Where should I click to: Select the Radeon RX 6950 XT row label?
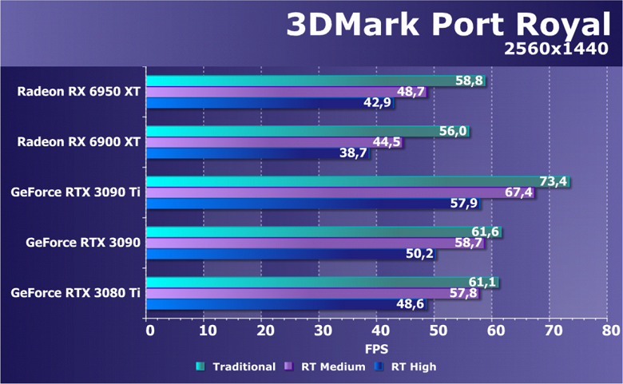pyautogui.click(x=78, y=92)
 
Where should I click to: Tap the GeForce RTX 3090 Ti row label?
pyautogui.click(x=75, y=192)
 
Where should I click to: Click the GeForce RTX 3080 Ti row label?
pyautogui.click(x=75, y=293)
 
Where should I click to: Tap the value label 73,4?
pyautogui.click(x=553, y=181)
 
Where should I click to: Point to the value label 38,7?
pyautogui.click(x=352, y=153)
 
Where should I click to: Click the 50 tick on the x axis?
pyautogui.click(x=435, y=330)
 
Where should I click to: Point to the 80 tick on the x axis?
pyautogui.click(x=609, y=330)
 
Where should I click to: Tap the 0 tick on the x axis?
pyautogui.click(x=148, y=330)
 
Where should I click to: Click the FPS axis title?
pyautogui.click(x=377, y=349)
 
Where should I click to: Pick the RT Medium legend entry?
pyautogui.click(x=327, y=366)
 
